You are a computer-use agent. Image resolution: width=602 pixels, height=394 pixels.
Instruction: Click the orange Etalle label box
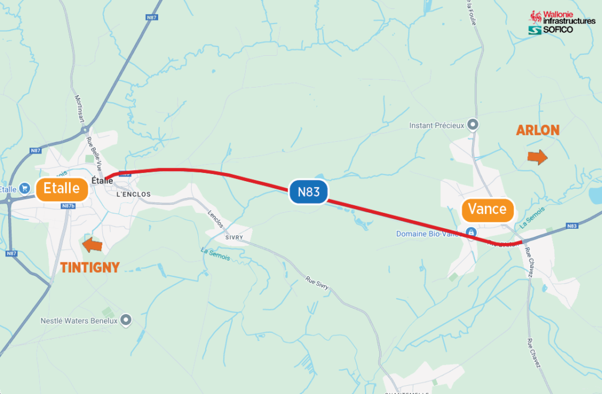[x=62, y=189]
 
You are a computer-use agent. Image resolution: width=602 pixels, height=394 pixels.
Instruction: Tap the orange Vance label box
[x=487, y=209]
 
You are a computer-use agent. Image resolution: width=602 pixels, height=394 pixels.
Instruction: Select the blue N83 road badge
[x=308, y=191]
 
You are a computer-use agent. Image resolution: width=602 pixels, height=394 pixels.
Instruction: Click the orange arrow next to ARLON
[x=537, y=156]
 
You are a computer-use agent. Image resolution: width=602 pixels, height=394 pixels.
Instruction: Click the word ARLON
[x=537, y=131]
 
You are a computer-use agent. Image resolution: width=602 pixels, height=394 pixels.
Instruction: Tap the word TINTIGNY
[x=89, y=268]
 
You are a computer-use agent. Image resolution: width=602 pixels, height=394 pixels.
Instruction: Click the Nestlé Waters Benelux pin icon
[x=125, y=320]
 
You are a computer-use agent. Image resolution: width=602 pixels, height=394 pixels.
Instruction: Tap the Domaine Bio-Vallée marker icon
[x=471, y=233]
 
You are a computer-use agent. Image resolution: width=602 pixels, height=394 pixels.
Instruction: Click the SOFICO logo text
[x=557, y=29]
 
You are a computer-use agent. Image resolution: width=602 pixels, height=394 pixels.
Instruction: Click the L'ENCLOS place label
[x=133, y=194]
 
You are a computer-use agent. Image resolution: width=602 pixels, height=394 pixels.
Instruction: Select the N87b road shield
[x=69, y=206]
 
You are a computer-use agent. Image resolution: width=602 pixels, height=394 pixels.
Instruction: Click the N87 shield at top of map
[x=151, y=18]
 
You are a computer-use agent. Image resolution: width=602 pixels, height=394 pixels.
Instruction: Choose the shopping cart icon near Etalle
[x=24, y=189]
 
